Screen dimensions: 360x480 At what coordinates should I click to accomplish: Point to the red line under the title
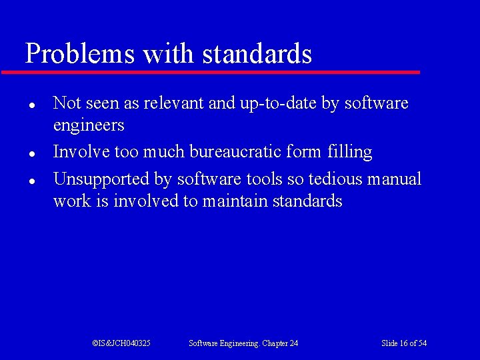pyautogui.click(x=211, y=72)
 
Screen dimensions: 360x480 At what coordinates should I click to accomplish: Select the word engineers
pyautogui.click(x=89, y=126)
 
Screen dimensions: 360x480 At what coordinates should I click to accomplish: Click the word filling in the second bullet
pyautogui.click(x=350, y=152)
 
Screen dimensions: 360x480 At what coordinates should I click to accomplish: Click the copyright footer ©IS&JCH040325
pyautogui.click(x=121, y=343)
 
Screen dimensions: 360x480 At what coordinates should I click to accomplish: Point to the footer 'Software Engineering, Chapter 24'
pyautogui.click(x=243, y=343)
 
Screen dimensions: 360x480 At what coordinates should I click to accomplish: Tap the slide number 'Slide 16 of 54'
pyautogui.click(x=404, y=343)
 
